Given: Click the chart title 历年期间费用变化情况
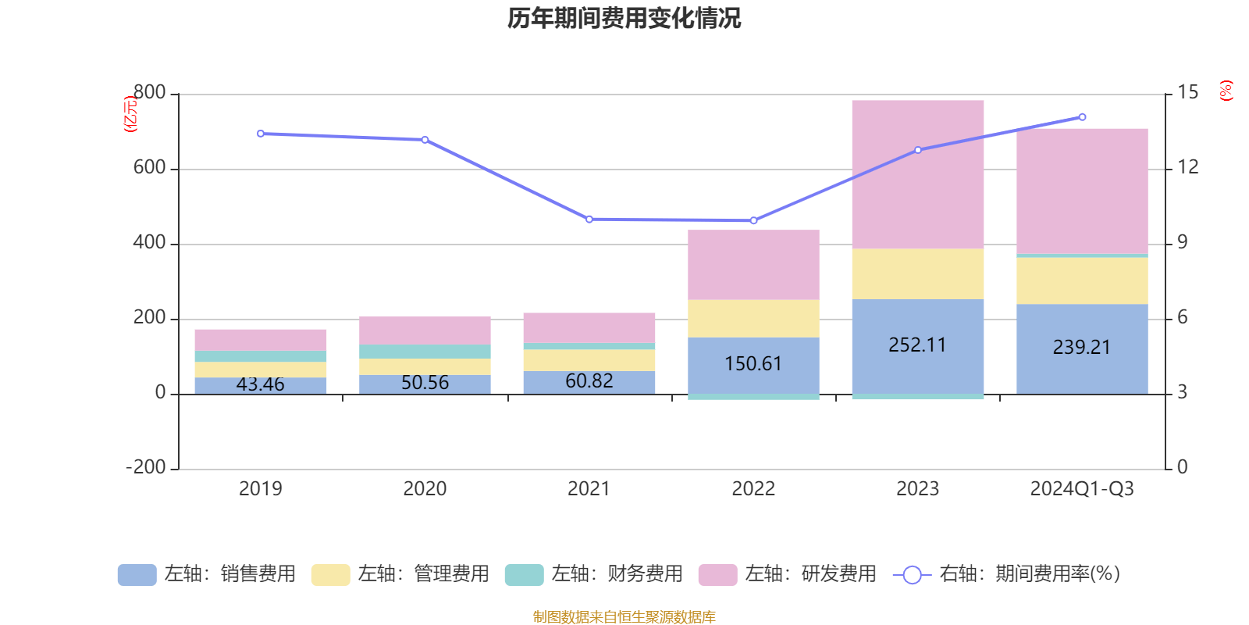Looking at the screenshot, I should pyautogui.click(x=624, y=18).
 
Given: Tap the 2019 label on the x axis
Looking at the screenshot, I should pyautogui.click(x=260, y=489).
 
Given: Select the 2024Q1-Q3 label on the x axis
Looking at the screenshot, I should pyautogui.click(x=1081, y=489).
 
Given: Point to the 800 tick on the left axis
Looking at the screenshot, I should pyautogui.click(x=149, y=93).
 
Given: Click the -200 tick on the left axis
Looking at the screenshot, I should pyautogui.click(x=146, y=468).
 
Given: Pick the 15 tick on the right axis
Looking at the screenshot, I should pyautogui.click(x=1187, y=93).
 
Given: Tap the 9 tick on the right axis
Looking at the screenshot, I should pyautogui.click(x=1183, y=243).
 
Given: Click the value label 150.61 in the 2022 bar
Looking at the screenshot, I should pyautogui.click(x=753, y=364).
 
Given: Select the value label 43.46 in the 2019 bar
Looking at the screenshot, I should pyautogui.click(x=260, y=384).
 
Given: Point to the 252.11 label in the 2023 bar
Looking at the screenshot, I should pyautogui.click(x=917, y=345).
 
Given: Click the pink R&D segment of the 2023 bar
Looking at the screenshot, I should pyautogui.click(x=917, y=174).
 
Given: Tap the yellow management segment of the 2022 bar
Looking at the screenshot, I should pyautogui.click(x=753, y=319).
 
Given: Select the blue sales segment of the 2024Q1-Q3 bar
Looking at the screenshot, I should pyautogui.click(x=1081, y=367).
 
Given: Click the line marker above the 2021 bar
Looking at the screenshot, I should pyautogui.click(x=589, y=220).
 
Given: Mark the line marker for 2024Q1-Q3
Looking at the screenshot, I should pyautogui.click(x=1082, y=117).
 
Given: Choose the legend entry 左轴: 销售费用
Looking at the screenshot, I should pyautogui.click(x=207, y=574).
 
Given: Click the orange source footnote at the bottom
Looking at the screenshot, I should pyautogui.click(x=624, y=617).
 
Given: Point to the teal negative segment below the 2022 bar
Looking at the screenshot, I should pyautogui.click(x=753, y=397).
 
